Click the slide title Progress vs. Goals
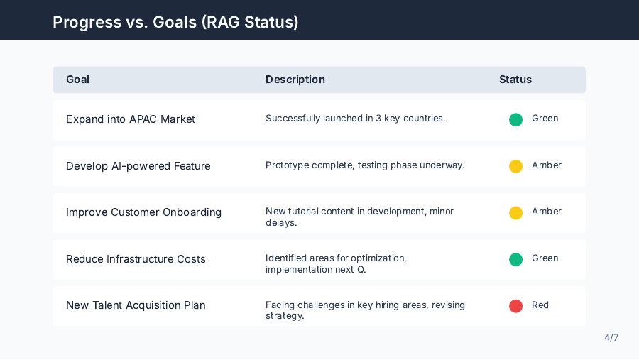[175, 22]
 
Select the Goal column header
[77, 80]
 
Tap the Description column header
[295, 80]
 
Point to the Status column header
[515, 80]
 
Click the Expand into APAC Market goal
[130, 119]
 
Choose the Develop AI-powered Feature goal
[138, 166]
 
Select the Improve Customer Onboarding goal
[143, 212]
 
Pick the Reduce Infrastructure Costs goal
[136, 259]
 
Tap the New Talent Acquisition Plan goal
[136, 305]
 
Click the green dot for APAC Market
[515, 119]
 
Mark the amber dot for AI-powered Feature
[515, 166]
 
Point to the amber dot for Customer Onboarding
[515, 212]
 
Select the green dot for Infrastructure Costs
[515, 259]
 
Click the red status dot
[515, 306]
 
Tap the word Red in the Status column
[540, 305]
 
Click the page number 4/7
[611, 338]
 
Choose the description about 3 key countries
[355, 119]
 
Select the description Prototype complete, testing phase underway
[364, 165]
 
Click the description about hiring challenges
[364, 310]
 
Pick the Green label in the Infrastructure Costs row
[545, 258]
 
